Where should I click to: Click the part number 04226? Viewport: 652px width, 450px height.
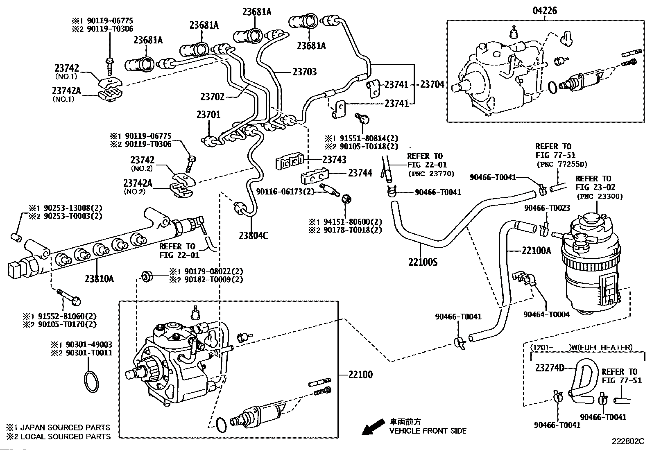pos(545,11)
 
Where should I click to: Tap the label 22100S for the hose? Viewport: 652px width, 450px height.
pos(423,262)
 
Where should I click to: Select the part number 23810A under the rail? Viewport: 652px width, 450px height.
pos(100,279)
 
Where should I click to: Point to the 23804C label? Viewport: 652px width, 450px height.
pos(254,236)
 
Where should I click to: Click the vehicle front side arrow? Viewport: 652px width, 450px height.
pos(372,427)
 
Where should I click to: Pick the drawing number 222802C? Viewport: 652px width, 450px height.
pos(628,441)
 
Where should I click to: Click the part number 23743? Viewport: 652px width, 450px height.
pos(334,160)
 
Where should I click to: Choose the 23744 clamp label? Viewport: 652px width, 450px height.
pos(360,173)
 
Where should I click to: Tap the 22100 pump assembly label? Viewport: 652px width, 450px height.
pos(360,375)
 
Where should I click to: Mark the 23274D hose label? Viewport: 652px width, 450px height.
pos(550,368)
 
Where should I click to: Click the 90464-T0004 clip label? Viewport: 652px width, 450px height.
pos(546,314)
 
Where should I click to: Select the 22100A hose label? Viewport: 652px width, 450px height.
pos(536,250)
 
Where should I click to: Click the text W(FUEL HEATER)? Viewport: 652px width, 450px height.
pos(601,348)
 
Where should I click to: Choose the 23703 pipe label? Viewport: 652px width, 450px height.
pos(305,72)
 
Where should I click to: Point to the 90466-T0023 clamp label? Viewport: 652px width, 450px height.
pos(547,208)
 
